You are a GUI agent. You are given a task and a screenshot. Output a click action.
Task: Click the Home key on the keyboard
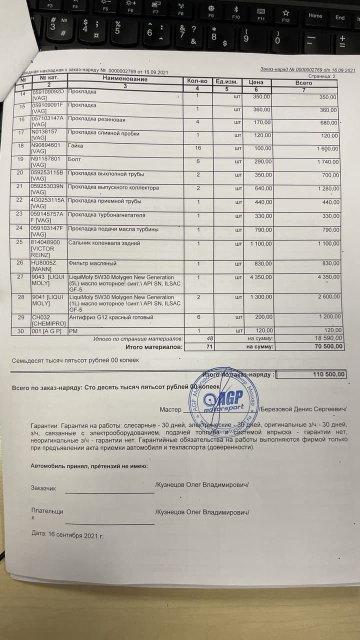[315, 15]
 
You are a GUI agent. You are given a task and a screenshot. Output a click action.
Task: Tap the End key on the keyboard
[340, 17]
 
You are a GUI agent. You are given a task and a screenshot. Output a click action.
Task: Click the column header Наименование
[125, 79]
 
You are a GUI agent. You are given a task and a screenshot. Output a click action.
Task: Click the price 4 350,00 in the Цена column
[261, 277]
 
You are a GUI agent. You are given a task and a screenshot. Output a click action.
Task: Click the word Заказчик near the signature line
[43, 488]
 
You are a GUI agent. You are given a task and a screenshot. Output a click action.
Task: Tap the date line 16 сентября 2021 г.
[67, 534]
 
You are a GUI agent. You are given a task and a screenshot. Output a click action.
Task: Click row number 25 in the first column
[20, 242]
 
